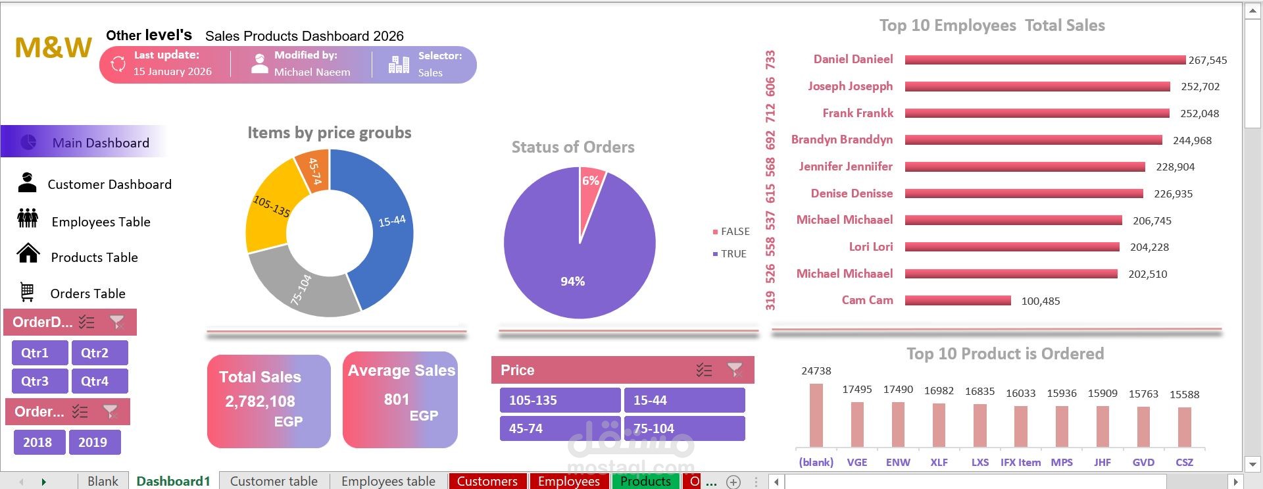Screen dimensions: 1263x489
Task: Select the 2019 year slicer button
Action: coord(95,442)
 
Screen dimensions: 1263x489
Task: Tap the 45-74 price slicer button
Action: coord(560,428)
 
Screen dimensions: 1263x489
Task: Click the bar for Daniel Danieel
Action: coord(1045,60)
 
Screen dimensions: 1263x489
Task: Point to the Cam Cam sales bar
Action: coord(958,301)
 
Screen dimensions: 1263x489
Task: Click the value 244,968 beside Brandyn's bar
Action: coord(1192,140)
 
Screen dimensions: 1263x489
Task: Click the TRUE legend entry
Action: coord(730,254)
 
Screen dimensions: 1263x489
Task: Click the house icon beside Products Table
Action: coord(28,253)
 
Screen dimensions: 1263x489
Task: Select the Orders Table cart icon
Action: coord(27,292)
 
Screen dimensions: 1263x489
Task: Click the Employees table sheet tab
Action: coord(388,481)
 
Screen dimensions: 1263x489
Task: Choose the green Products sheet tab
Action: coord(645,481)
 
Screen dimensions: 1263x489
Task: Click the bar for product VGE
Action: coord(857,425)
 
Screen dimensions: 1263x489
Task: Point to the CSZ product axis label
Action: coord(1184,462)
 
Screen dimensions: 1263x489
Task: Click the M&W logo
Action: coord(53,47)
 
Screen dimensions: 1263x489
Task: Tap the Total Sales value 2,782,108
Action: coord(260,401)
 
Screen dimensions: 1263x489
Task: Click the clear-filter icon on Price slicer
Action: coord(735,370)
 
